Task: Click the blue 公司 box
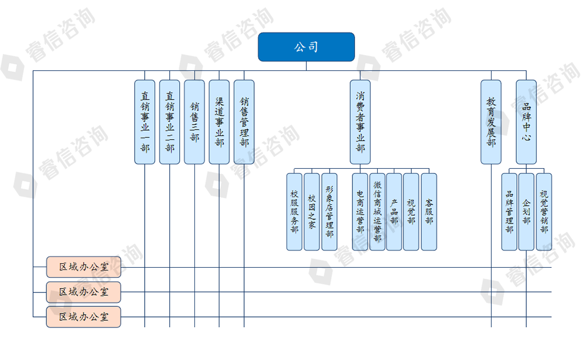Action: [306, 47]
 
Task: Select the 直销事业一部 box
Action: [145, 122]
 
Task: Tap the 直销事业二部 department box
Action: [170, 122]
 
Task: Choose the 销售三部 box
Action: [194, 122]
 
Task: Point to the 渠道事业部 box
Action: [219, 122]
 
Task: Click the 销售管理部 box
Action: [244, 122]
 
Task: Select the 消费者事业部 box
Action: [360, 122]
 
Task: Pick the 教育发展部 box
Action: [491, 122]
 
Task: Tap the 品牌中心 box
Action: [526, 122]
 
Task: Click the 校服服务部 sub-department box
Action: [294, 212]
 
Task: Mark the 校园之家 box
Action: [312, 212]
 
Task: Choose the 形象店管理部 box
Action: [329, 212]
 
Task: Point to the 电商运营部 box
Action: [360, 212]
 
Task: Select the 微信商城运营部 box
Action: [378, 212]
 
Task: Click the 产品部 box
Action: [394, 212]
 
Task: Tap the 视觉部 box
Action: [411, 212]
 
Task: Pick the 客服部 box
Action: [429, 212]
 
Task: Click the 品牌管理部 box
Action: [509, 212]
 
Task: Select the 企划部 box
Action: [526, 212]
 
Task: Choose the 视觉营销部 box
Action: [544, 212]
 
